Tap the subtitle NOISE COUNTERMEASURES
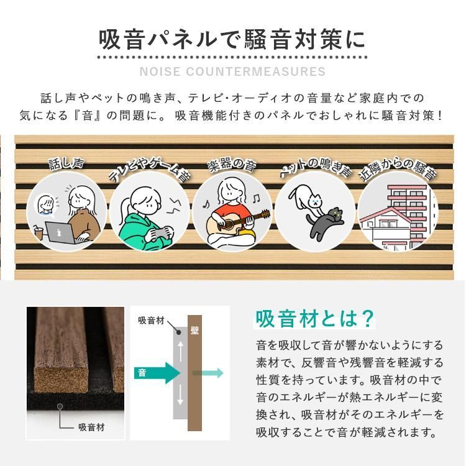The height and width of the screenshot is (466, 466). click(x=233, y=71)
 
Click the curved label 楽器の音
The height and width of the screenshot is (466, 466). click(x=233, y=166)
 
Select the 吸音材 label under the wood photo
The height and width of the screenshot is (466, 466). click(x=91, y=427)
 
